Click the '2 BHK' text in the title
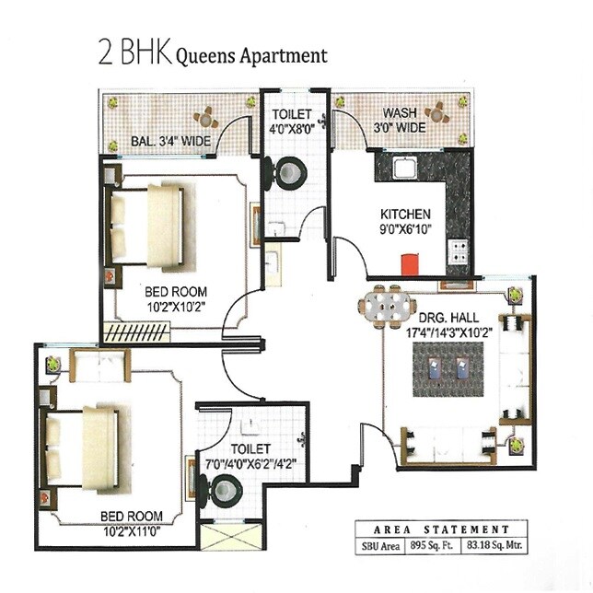click(x=133, y=53)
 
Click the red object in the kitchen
click(x=405, y=264)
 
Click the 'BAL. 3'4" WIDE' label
click(x=171, y=141)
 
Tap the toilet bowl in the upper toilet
click(x=290, y=172)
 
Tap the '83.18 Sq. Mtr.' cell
click(x=485, y=545)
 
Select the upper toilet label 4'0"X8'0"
click(x=293, y=130)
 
